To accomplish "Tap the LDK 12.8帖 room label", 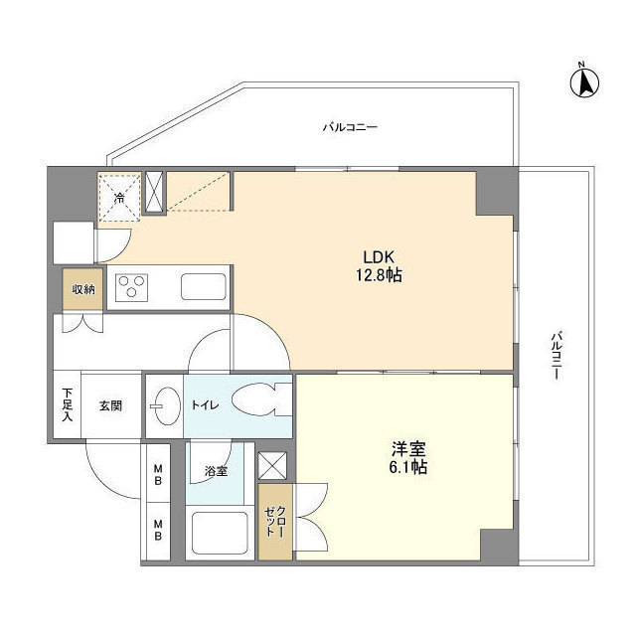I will coord(375,265).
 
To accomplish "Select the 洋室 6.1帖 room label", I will coord(407,457).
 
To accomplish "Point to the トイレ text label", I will coord(206,405).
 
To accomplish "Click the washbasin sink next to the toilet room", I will coord(164,405).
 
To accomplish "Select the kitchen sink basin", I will coord(204,287).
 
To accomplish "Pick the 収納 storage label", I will coord(82,289).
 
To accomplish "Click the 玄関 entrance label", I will coord(110,405).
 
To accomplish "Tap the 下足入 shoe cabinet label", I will coord(68,404).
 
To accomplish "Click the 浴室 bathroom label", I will coord(215,471).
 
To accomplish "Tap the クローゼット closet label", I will coord(274,522).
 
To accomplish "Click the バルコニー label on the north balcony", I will coord(349,128).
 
